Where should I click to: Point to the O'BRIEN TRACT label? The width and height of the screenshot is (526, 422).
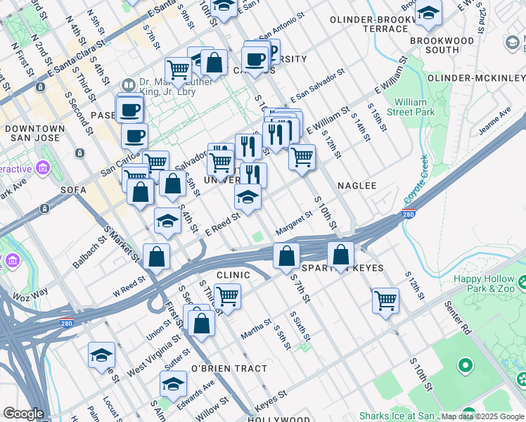point(229,369)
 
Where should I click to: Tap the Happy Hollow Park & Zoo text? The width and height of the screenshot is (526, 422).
point(485,284)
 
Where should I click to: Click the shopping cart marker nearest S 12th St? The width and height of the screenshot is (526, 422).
point(385,300)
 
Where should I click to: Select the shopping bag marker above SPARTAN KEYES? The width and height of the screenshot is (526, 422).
point(340,256)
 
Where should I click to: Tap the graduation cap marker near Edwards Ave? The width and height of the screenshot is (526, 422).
point(173,384)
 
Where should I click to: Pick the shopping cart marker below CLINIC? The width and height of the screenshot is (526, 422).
point(227,296)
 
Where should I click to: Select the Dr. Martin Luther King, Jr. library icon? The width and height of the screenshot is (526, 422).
point(127,84)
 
